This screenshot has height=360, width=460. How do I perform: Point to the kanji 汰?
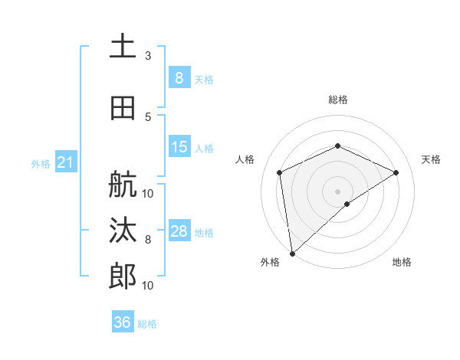point(123,231)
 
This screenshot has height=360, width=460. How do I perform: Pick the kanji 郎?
point(123,275)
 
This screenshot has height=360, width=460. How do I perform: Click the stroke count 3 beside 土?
point(148,56)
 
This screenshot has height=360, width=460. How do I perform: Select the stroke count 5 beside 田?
point(148,116)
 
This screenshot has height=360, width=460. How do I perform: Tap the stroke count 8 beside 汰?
point(148,240)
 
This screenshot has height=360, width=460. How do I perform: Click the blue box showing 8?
point(179,77)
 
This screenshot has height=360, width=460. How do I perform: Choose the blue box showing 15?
point(179,147)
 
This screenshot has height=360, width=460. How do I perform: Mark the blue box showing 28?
point(179,231)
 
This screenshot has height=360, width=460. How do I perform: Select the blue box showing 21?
point(65,162)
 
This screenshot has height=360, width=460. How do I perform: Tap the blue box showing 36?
point(122,322)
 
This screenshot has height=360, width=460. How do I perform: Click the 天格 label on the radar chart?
point(431,159)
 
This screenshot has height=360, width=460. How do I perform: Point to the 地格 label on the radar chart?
point(402,262)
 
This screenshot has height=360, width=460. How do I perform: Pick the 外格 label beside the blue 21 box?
point(40,164)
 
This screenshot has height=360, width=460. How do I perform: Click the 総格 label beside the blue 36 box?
point(147,324)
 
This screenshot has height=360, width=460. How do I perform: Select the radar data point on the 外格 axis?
point(291,253)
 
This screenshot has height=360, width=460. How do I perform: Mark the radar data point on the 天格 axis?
point(396,172)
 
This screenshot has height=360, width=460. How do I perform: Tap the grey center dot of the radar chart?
point(337,191)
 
